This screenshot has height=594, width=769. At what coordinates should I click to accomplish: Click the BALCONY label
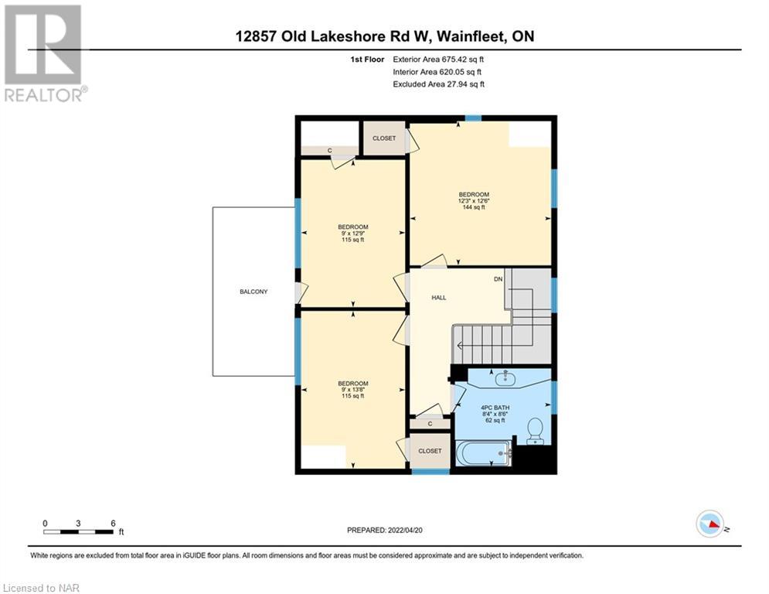[253, 292]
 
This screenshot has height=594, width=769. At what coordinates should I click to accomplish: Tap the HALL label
[439, 298]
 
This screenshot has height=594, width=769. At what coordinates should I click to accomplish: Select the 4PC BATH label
[495, 408]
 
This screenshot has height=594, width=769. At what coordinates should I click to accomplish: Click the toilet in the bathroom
[535, 431]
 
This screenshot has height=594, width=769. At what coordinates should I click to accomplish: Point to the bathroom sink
[505, 377]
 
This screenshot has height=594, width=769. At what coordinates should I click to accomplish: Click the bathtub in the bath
[484, 453]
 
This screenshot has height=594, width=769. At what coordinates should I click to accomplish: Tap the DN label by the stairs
[498, 279]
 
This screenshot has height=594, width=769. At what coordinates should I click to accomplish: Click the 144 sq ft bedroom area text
[474, 207]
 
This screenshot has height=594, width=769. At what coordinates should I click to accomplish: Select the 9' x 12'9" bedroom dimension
[352, 233]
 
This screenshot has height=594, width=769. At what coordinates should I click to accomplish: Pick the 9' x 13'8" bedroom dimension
[352, 390]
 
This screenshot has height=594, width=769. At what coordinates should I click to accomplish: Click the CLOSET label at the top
[384, 138]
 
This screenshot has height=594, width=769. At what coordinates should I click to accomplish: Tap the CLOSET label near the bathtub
[430, 451]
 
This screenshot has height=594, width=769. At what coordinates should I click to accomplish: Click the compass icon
[710, 524]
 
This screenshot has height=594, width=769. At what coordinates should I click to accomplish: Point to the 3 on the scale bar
[78, 524]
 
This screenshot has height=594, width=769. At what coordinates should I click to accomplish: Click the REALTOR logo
[44, 53]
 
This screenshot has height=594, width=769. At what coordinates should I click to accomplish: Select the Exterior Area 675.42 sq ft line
[438, 60]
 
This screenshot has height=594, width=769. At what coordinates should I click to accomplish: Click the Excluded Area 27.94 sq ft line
[438, 84]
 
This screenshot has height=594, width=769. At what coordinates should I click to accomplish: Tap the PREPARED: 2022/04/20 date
[385, 530]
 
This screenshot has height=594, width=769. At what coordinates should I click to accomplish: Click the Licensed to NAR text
[41, 588]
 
